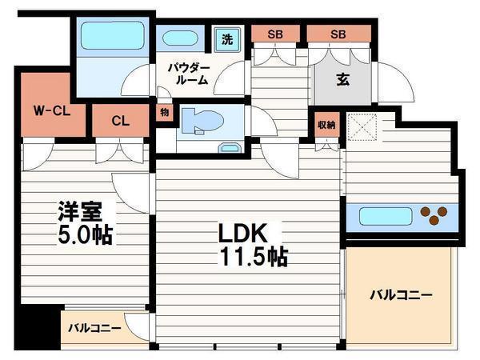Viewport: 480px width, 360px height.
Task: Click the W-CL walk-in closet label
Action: [x=52, y=110]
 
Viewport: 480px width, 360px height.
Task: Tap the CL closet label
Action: [x=120, y=121]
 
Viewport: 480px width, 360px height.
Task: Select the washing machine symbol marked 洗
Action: [x=227, y=39]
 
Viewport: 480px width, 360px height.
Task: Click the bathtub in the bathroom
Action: [x=113, y=35]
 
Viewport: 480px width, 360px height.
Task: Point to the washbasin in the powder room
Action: [x=180, y=38]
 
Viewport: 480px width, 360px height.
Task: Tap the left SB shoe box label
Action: [x=275, y=34]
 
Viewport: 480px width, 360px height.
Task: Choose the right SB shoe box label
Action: [x=338, y=34]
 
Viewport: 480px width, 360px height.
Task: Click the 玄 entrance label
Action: [x=343, y=79]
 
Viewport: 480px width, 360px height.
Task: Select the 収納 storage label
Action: [x=326, y=125]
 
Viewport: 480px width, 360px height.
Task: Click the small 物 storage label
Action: [x=165, y=112]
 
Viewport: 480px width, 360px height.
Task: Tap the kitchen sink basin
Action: [x=386, y=217]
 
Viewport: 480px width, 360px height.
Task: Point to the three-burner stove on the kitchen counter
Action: [x=434, y=215]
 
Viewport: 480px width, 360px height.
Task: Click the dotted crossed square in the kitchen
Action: [x=362, y=127]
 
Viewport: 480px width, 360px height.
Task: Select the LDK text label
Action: [x=242, y=234]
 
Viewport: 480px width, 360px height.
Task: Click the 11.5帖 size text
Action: [x=254, y=256]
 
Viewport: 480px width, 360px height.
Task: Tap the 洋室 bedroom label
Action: [x=80, y=211]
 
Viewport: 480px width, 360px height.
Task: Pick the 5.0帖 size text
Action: [x=85, y=235]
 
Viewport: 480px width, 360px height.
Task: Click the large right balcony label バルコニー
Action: [x=401, y=295]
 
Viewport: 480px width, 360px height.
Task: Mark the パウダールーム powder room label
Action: [x=189, y=74]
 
